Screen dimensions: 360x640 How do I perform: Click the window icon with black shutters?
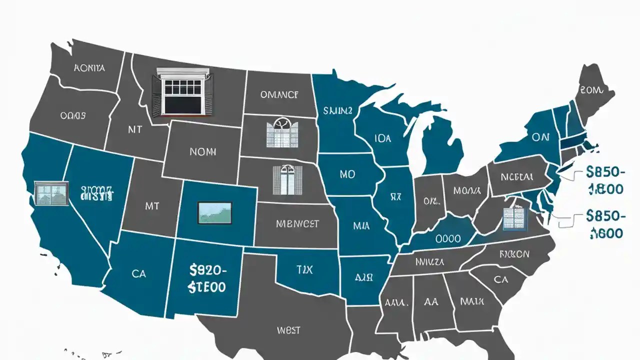point(182,92)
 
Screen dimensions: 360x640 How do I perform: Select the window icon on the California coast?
point(51,194)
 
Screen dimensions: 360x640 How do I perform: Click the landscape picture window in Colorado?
point(215,212)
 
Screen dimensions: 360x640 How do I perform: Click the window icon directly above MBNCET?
point(287,180)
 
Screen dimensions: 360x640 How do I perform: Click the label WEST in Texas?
point(288,330)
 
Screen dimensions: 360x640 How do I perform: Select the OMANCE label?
point(279,94)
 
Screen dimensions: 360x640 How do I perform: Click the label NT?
point(134,129)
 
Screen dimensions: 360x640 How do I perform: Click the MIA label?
point(361,226)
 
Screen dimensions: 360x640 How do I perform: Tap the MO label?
point(347,174)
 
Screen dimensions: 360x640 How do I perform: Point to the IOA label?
point(379,138)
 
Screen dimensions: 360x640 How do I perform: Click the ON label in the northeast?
point(540,137)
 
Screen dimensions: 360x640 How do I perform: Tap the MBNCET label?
point(297,224)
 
